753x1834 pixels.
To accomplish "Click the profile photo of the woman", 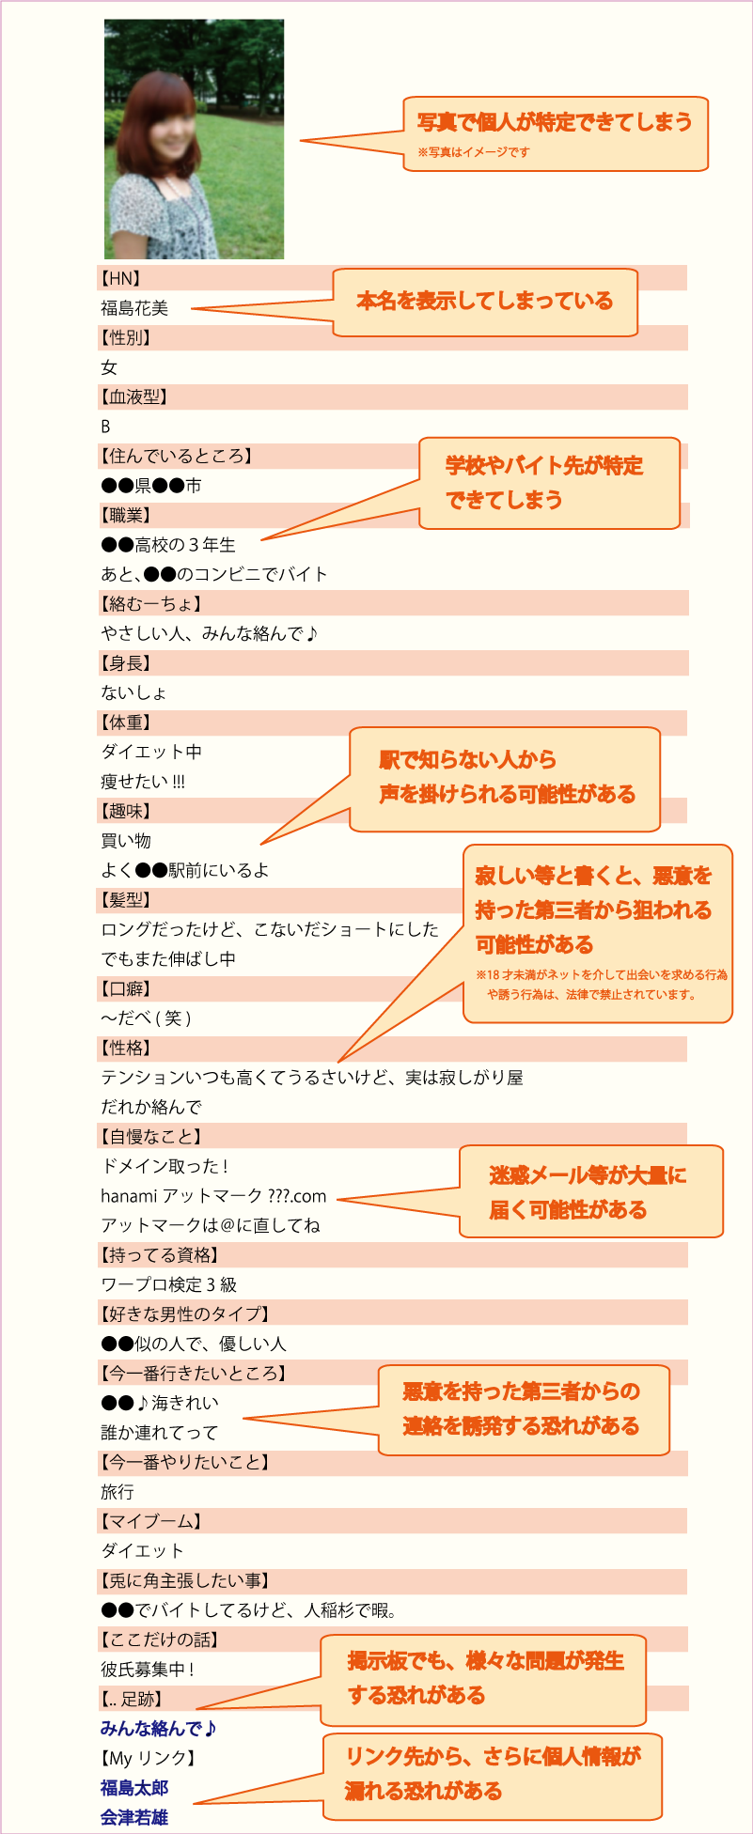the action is [194, 139].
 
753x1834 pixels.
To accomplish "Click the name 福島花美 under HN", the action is [134, 308].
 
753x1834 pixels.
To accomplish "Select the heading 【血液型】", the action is [133, 396].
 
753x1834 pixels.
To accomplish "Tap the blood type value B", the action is [105, 427].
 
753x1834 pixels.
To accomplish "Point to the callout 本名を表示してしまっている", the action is [485, 302].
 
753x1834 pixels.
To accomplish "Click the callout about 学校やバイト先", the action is [549, 483].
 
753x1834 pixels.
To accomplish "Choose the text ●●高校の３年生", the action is [168, 545].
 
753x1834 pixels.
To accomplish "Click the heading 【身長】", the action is [124, 663].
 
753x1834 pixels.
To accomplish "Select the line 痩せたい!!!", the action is [143, 782].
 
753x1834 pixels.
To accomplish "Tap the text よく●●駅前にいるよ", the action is [185, 870].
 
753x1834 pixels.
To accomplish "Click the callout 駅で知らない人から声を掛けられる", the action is [505, 779].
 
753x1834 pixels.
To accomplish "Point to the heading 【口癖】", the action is [124, 988].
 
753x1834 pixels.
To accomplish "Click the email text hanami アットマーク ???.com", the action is [213, 1196].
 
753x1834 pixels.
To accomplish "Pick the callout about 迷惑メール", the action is [591, 1191].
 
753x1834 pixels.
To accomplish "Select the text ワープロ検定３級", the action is [169, 1284].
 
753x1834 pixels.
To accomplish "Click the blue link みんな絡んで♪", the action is [160, 1728].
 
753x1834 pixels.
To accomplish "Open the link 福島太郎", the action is [134, 1787].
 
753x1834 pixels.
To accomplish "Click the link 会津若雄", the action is [134, 1817].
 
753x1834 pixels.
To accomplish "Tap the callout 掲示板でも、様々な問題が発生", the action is [483, 1679].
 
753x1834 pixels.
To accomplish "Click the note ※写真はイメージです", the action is [474, 151].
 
